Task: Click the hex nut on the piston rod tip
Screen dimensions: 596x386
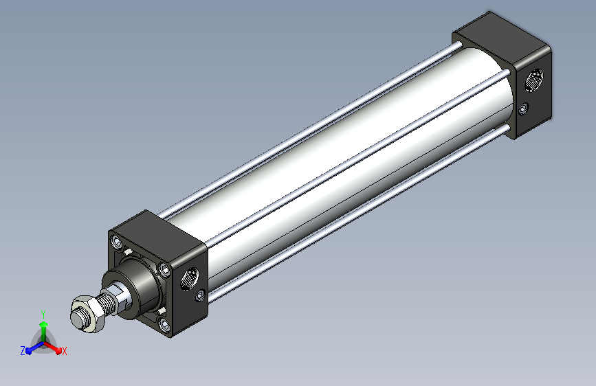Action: pos(87,314)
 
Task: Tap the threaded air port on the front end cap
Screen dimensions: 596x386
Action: pos(190,278)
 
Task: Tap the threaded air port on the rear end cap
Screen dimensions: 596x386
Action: pos(534,80)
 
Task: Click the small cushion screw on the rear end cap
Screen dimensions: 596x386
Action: pos(523,109)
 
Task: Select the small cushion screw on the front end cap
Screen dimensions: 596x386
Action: pos(200,295)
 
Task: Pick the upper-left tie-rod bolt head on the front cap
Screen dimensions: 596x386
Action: pos(116,242)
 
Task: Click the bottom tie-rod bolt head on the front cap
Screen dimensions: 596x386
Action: pos(164,324)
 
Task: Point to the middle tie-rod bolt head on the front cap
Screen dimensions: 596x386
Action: pos(164,269)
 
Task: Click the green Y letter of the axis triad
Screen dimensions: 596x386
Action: pos(43,314)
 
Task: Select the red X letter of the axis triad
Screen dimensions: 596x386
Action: pos(64,351)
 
